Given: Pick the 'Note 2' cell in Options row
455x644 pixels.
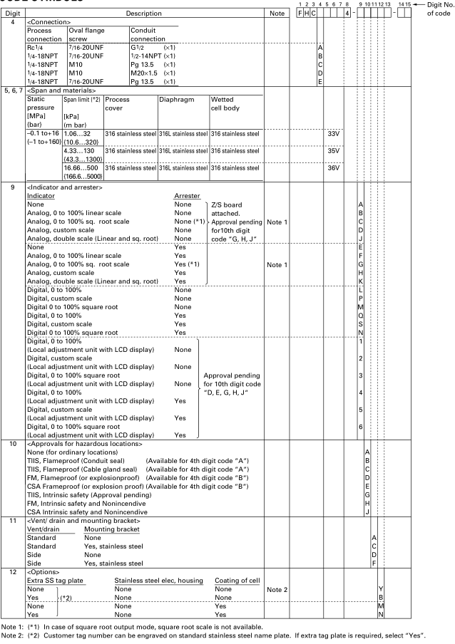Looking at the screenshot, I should [x=276, y=588].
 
